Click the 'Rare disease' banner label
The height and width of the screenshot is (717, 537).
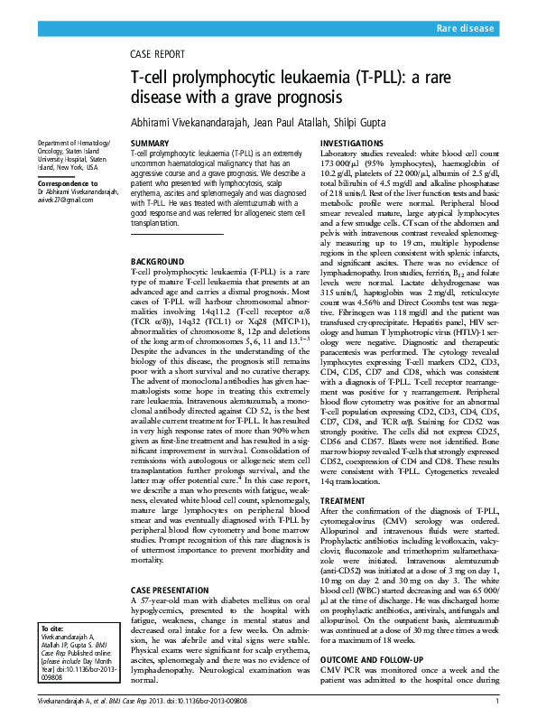point(465,30)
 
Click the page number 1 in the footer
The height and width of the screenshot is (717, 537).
point(497,702)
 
